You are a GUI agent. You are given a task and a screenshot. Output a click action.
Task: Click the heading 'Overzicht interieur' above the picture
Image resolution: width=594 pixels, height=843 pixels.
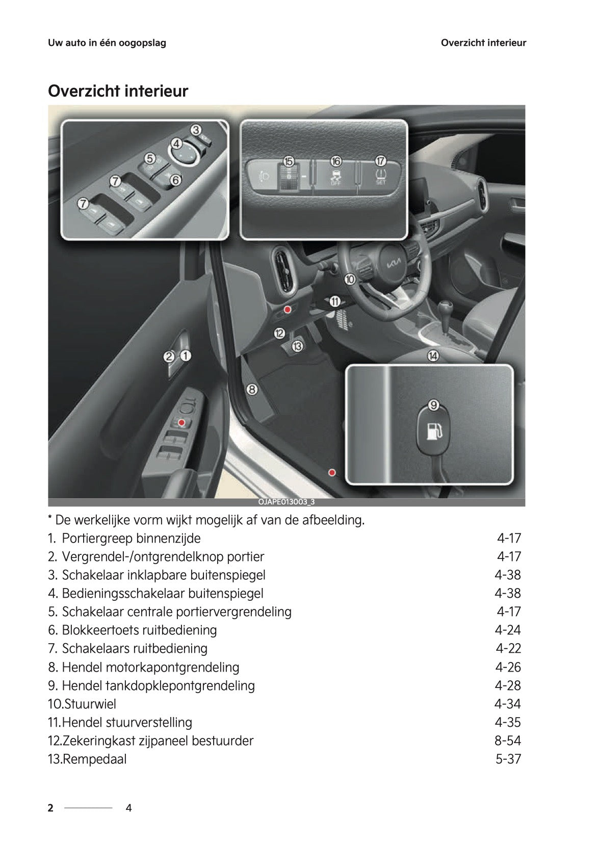pos(118,91)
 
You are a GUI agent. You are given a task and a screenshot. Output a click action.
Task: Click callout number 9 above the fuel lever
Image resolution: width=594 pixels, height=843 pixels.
pos(433,405)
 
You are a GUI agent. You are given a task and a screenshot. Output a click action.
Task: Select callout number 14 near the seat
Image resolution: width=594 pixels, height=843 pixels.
pos(432,356)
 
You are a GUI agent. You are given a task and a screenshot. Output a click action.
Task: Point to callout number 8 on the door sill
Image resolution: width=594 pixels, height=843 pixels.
pos(251,390)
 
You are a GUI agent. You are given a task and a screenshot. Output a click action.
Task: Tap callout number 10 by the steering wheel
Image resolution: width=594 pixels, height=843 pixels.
pos(349,279)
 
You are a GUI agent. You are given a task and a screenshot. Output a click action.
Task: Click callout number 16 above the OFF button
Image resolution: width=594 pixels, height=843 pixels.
pos(335,161)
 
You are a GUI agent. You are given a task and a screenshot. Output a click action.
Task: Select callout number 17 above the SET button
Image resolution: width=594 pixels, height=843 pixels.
pos(380,161)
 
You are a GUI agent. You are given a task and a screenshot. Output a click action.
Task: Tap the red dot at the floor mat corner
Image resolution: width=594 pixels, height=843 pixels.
pos(332,472)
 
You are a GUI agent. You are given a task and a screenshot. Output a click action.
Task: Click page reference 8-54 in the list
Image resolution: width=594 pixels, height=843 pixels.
pos(507,740)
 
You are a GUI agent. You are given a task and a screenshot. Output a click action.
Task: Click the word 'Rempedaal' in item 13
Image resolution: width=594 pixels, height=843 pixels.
pos(94,759)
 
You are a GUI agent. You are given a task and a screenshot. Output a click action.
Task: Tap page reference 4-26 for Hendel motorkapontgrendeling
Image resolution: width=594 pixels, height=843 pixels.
pos(507,667)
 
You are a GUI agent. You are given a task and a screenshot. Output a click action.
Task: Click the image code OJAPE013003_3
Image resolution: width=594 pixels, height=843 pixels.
pos(287,502)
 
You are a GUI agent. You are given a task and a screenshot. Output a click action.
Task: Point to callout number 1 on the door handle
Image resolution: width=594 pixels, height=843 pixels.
pos(186,356)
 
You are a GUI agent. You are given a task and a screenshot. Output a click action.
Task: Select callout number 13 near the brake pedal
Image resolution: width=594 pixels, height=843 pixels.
pos(297,347)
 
